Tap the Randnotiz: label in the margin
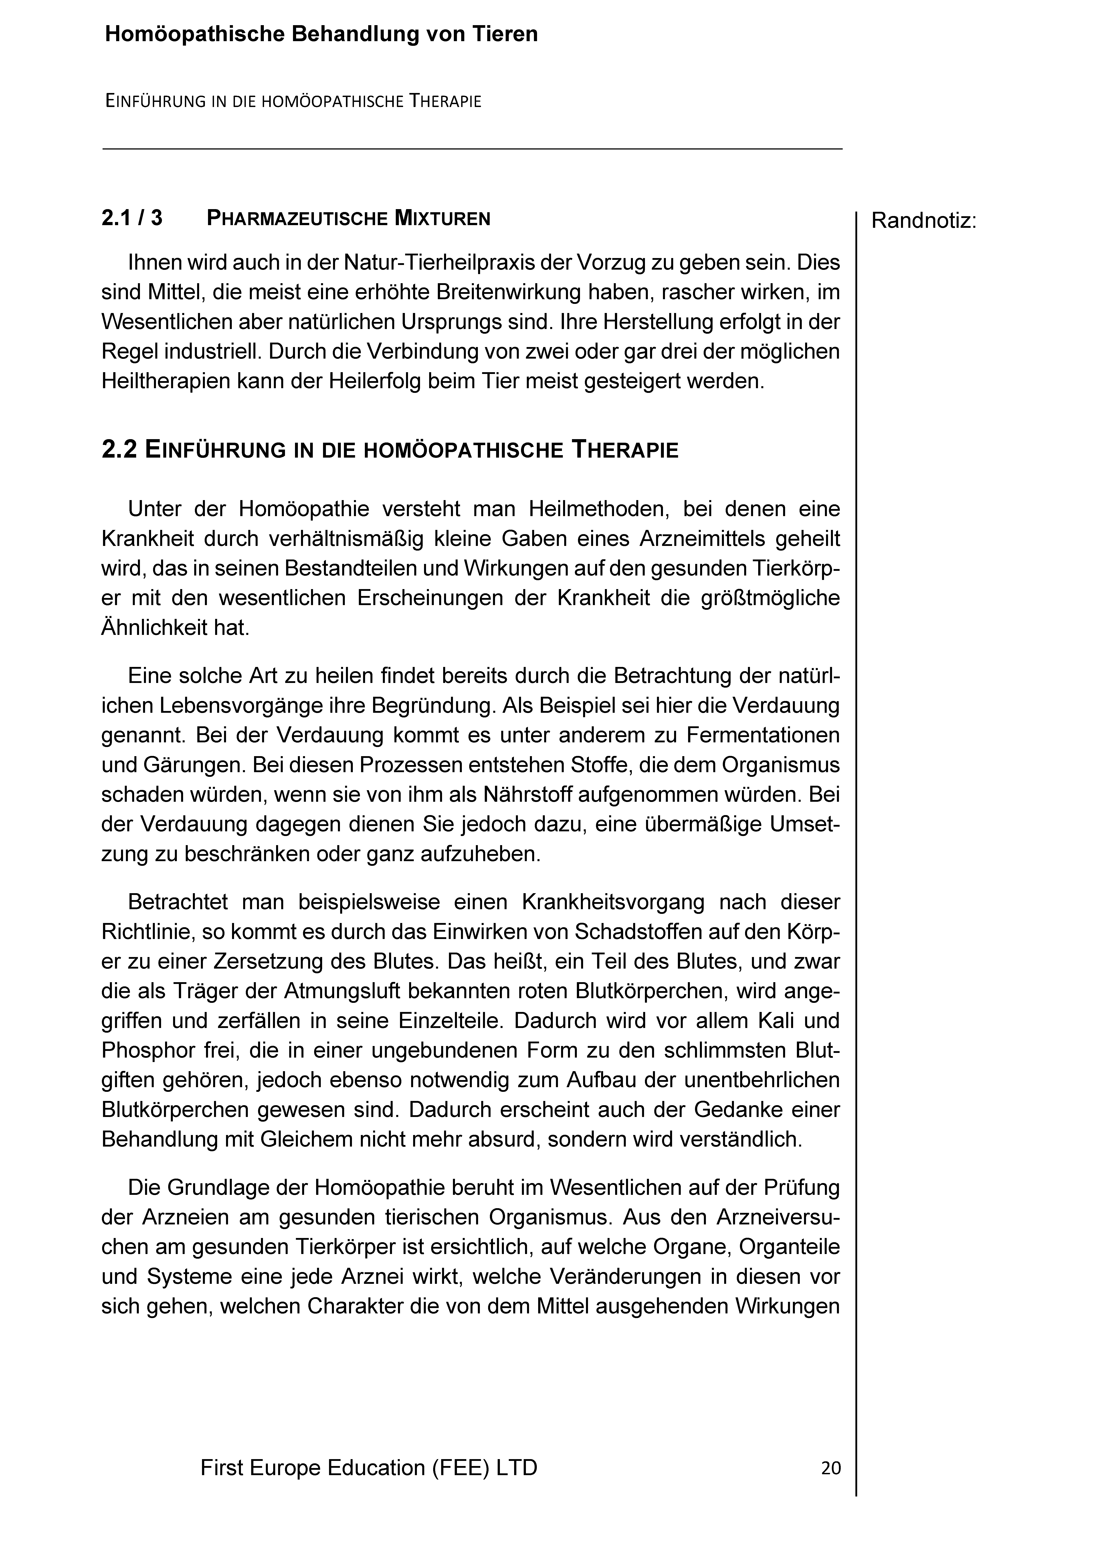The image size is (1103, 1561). tap(923, 221)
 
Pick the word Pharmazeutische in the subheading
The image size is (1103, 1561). tap(297, 219)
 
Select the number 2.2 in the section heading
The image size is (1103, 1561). tap(120, 450)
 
